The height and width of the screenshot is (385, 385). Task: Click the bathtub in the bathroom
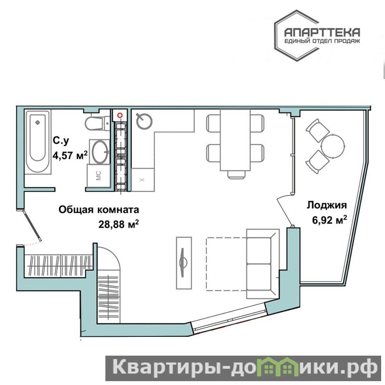click(38, 141)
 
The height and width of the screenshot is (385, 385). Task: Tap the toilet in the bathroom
click(98, 123)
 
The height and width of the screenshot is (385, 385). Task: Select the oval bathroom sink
click(100, 152)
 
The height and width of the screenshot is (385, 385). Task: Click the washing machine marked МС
click(99, 176)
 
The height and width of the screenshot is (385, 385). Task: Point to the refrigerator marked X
click(142, 180)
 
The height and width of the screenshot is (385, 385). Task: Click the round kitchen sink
click(144, 121)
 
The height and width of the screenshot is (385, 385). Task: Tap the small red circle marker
click(120, 115)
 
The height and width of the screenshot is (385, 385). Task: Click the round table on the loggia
click(333, 146)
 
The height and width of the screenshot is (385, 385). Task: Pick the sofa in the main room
click(263, 264)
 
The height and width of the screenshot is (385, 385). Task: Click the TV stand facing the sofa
click(184, 263)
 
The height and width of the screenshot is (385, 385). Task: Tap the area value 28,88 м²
click(118, 224)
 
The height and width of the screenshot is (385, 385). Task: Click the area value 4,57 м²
click(70, 155)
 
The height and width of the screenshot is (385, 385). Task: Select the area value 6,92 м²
click(329, 220)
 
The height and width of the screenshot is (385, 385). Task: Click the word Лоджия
click(327, 205)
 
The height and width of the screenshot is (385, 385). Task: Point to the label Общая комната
click(99, 209)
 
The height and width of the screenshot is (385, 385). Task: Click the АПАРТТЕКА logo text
click(322, 32)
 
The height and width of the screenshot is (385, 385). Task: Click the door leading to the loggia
click(284, 210)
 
